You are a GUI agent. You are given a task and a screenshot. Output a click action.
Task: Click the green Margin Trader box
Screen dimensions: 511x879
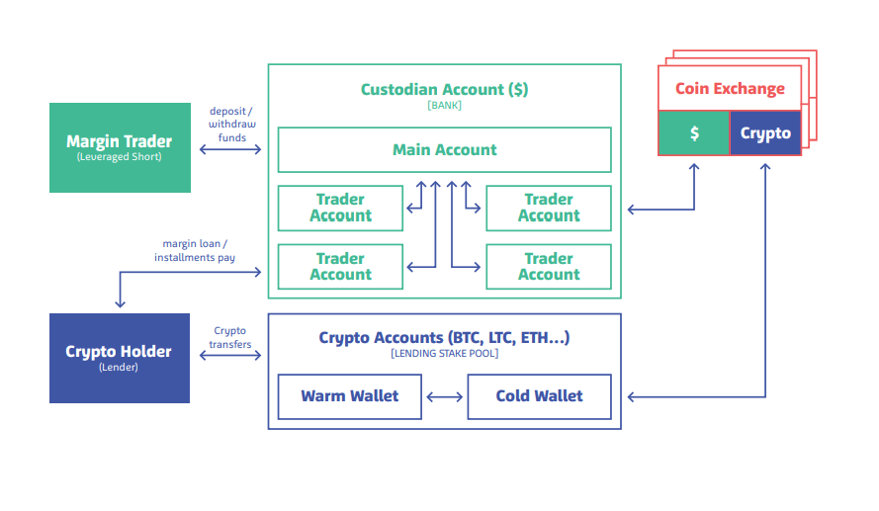tap(120, 147)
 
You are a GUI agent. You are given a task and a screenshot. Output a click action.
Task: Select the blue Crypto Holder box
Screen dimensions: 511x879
tap(120, 358)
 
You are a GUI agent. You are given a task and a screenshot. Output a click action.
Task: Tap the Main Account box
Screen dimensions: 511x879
tap(444, 150)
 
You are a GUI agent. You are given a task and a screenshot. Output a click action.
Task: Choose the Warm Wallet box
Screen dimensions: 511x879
tap(350, 396)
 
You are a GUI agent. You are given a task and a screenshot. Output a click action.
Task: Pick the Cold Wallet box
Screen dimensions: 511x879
tap(539, 396)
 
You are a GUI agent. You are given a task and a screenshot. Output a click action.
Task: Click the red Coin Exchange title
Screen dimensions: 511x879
tap(730, 89)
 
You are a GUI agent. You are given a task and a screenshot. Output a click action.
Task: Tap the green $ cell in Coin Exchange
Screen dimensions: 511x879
tap(694, 133)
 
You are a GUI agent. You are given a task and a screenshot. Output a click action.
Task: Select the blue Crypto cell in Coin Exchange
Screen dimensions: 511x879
tap(765, 133)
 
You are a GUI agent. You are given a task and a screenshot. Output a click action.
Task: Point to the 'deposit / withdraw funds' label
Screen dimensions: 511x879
tap(230, 125)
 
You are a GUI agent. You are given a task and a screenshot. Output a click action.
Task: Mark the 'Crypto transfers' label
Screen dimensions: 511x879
tap(229, 338)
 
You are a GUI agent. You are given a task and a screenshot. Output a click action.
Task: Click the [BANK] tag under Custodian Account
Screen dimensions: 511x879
tap(444, 105)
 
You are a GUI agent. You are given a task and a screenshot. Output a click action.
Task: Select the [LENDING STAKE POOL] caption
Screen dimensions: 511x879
tap(444, 353)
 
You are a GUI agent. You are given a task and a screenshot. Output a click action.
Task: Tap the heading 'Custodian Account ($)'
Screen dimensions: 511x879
tap(444, 89)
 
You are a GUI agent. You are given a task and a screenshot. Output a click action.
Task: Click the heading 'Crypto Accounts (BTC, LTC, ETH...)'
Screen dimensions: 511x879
tap(444, 338)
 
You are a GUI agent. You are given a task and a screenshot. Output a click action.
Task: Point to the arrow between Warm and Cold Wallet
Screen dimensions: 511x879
tap(445, 397)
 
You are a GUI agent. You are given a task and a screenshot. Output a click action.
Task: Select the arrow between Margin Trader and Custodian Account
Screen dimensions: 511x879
tap(232, 149)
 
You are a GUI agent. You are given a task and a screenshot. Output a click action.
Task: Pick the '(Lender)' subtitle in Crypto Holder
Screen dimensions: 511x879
tap(119, 367)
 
